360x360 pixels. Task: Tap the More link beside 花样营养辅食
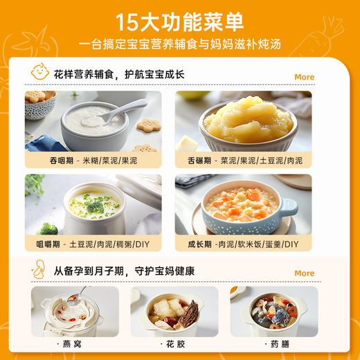pyautogui.click(x=304, y=77)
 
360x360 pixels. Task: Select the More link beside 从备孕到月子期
pyautogui.click(x=304, y=273)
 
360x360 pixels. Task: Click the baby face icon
pyautogui.click(x=40, y=72)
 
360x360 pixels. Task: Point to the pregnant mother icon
pyautogui.click(x=39, y=269)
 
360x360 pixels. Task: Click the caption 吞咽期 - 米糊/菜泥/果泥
pyautogui.click(x=93, y=160)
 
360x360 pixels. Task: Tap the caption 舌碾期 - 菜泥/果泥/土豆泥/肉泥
pyautogui.click(x=242, y=160)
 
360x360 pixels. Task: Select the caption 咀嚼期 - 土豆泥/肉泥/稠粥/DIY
pyautogui.click(x=93, y=244)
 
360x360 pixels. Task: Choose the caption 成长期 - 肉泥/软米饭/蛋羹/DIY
pyautogui.click(x=242, y=244)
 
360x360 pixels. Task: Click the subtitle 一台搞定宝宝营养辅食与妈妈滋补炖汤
pyautogui.click(x=180, y=46)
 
